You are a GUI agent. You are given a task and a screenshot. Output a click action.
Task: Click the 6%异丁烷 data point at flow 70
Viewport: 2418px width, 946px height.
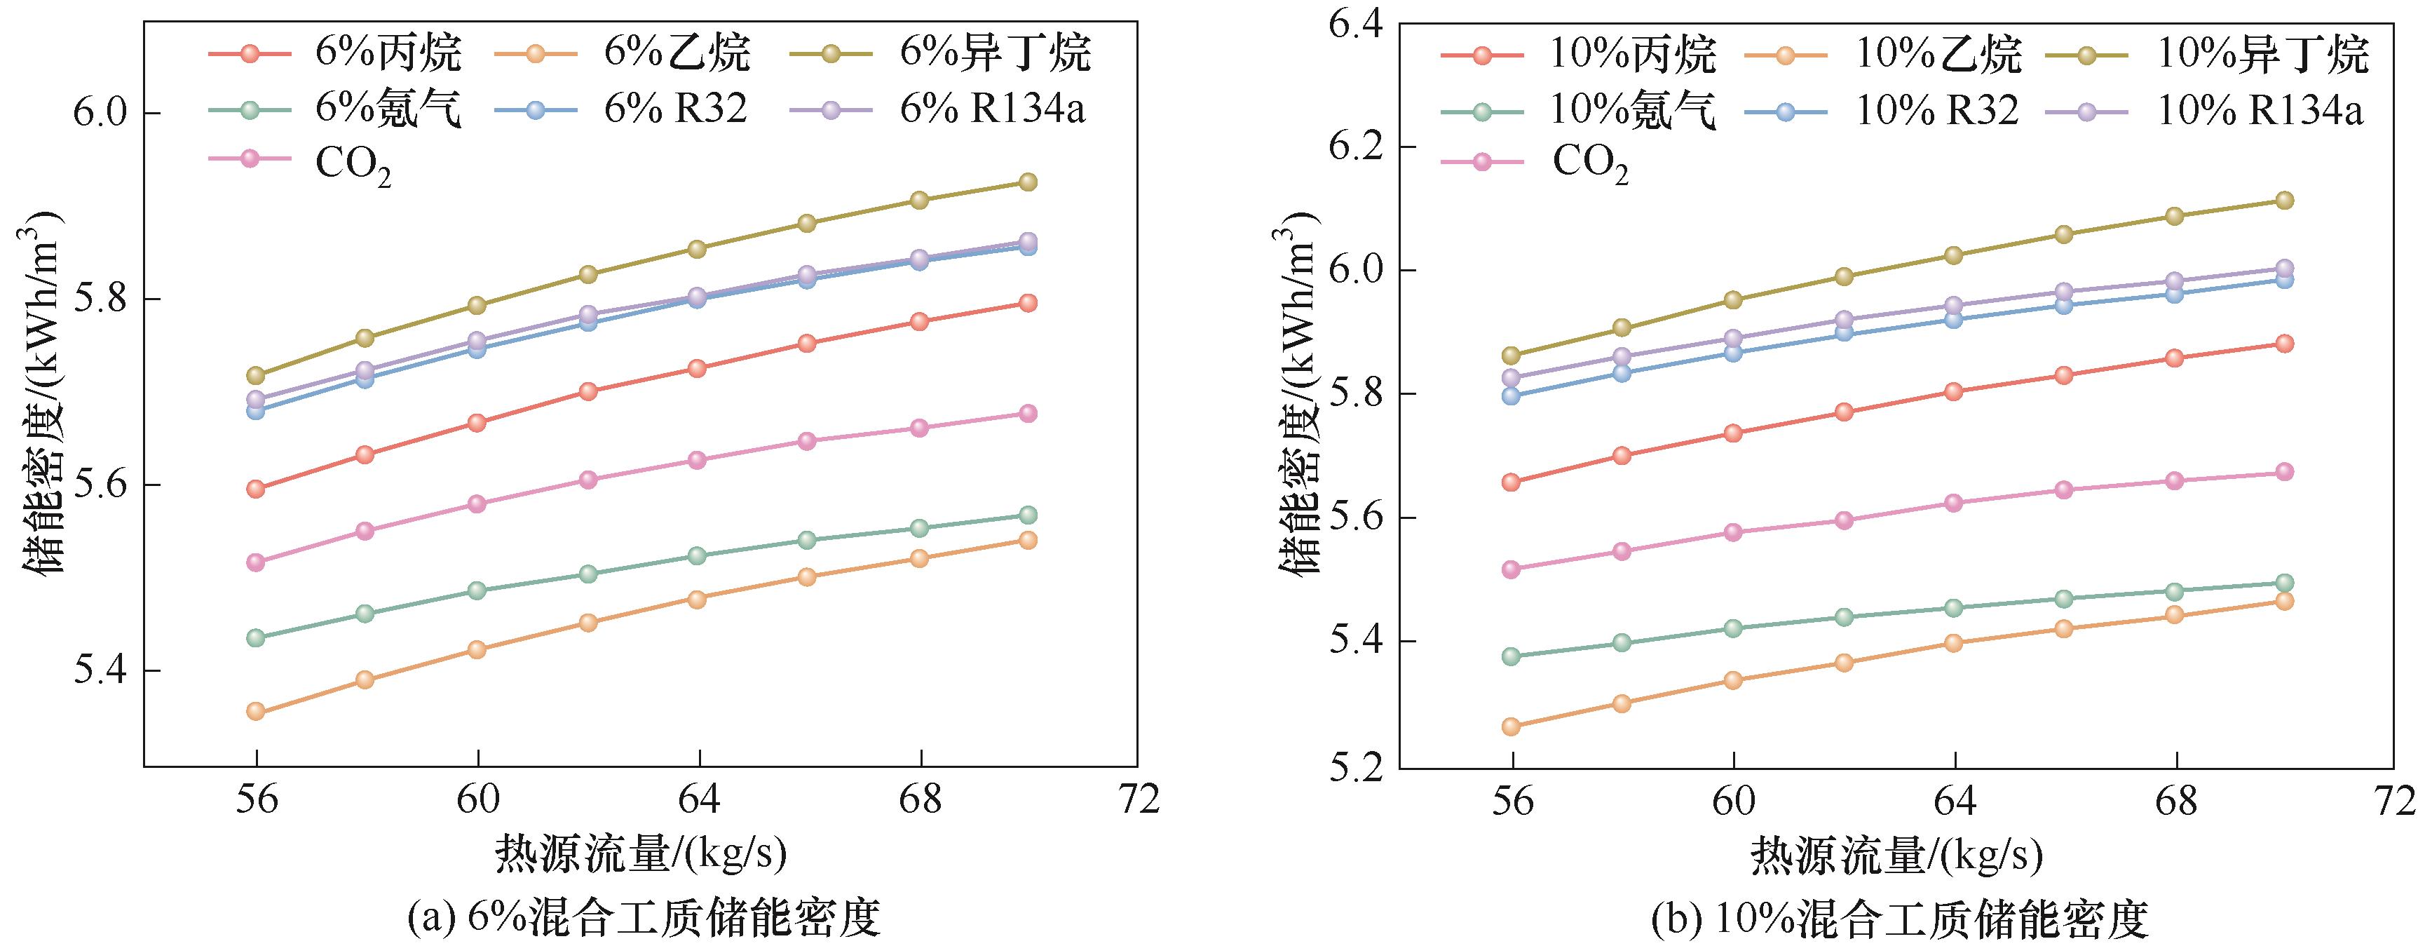coord(1028,182)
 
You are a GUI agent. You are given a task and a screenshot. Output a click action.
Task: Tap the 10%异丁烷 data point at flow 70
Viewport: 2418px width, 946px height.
coord(2284,201)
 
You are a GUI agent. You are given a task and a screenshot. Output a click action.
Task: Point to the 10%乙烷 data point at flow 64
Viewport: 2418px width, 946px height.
coord(1955,643)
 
